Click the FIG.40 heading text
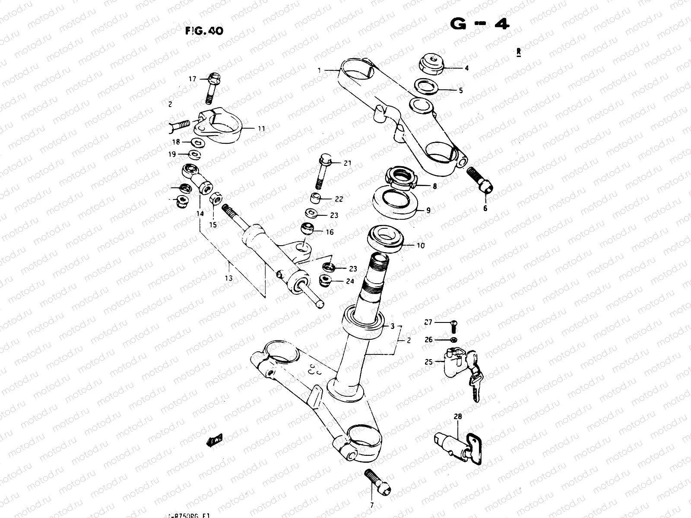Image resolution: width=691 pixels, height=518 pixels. [204, 31]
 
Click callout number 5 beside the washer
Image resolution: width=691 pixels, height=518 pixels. [460, 91]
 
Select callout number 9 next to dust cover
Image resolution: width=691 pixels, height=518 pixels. [428, 211]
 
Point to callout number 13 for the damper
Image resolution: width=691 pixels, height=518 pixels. [229, 278]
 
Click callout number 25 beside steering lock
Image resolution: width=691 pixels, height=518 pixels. [428, 362]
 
